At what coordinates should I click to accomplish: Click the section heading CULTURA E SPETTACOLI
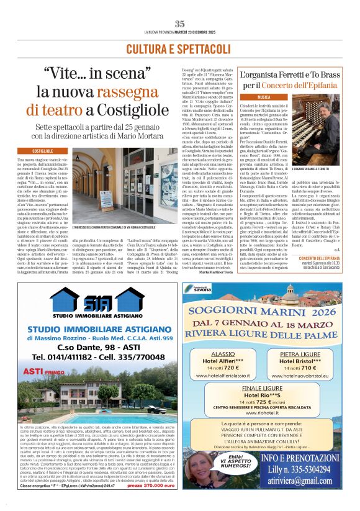click(179, 48)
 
